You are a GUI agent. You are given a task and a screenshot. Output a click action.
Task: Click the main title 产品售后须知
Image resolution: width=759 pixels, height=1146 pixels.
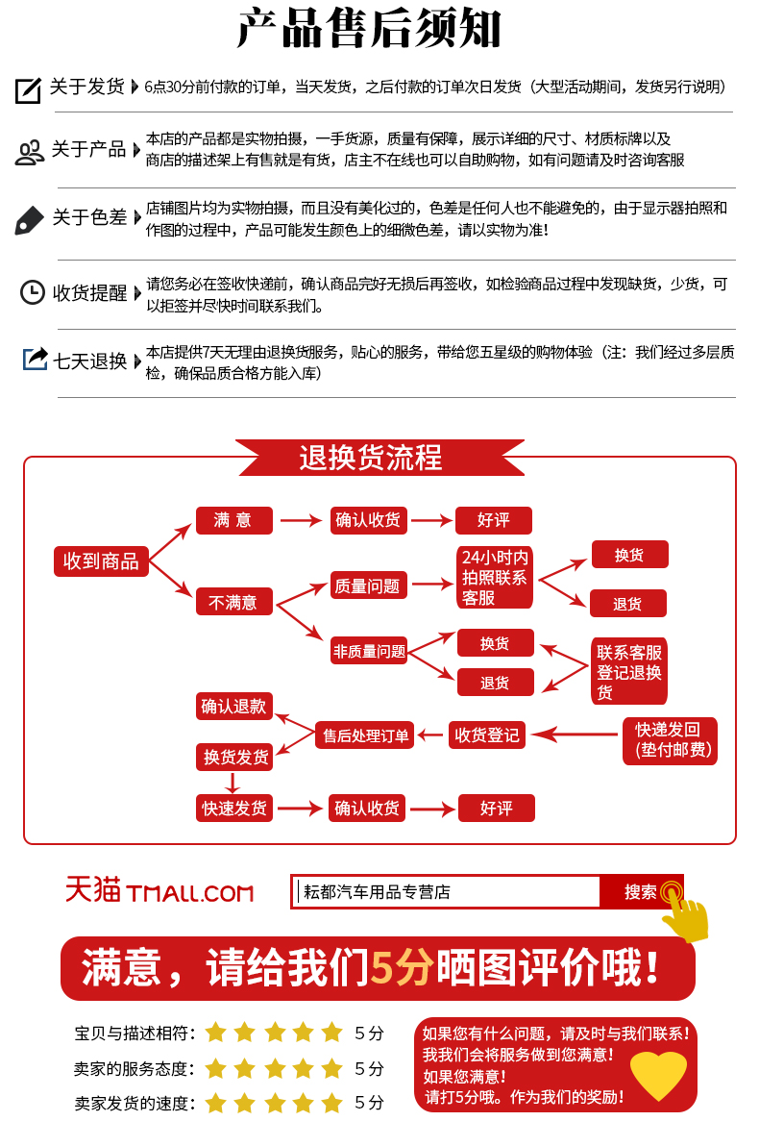pyautogui.click(x=370, y=30)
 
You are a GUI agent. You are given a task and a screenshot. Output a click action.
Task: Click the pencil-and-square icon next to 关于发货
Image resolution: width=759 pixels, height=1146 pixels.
pyautogui.click(x=28, y=89)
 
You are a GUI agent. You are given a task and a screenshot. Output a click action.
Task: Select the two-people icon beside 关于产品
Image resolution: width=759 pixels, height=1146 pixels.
pyautogui.click(x=30, y=152)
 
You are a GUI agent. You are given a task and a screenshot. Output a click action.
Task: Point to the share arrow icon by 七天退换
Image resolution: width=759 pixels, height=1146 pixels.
pyautogui.click(x=35, y=360)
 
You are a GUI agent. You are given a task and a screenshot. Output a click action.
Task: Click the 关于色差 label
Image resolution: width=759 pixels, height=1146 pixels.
pyautogui.click(x=89, y=217)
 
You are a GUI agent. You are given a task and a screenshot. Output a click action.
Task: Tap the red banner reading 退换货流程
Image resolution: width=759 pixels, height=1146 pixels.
pyautogui.click(x=379, y=458)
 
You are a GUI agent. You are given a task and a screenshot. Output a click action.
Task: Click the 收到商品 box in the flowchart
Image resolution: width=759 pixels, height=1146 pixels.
pyautogui.click(x=101, y=561)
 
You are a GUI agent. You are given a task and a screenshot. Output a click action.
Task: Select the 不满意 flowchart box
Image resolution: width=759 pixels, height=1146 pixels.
pyautogui.click(x=234, y=603)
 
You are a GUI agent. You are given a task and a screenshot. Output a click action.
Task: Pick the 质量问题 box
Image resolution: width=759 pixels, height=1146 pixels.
pyautogui.click(x=367, y=585)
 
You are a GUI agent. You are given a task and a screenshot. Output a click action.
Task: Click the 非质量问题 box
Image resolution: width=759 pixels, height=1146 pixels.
pyautogui.click(x=370, y=651)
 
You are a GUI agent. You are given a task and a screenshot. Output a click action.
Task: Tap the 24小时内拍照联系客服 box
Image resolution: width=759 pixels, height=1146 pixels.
pyautogui.click(x=495, y=577)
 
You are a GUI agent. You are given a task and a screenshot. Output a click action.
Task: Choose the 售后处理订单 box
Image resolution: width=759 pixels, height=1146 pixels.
pyautogui.click(x=366, y=735)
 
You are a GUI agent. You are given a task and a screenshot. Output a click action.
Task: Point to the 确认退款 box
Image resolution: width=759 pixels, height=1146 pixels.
pyautogui.click(x=234, y=706)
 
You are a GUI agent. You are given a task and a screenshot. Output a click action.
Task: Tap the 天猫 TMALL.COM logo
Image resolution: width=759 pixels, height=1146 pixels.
pyautogui.click(x=159, y=890)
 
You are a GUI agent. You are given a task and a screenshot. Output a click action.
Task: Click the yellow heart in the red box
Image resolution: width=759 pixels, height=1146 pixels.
pyautogui.click(x=658, y=1073)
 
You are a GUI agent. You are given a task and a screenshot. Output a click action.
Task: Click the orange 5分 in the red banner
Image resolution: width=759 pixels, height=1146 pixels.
pyautogui.click(x=402, y=967)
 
